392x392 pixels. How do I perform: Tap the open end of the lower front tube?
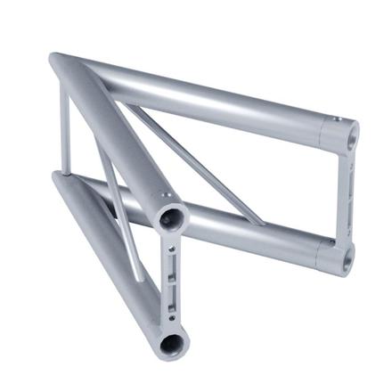tap(170, 341)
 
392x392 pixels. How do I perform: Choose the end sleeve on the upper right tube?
tap(337, 135)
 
